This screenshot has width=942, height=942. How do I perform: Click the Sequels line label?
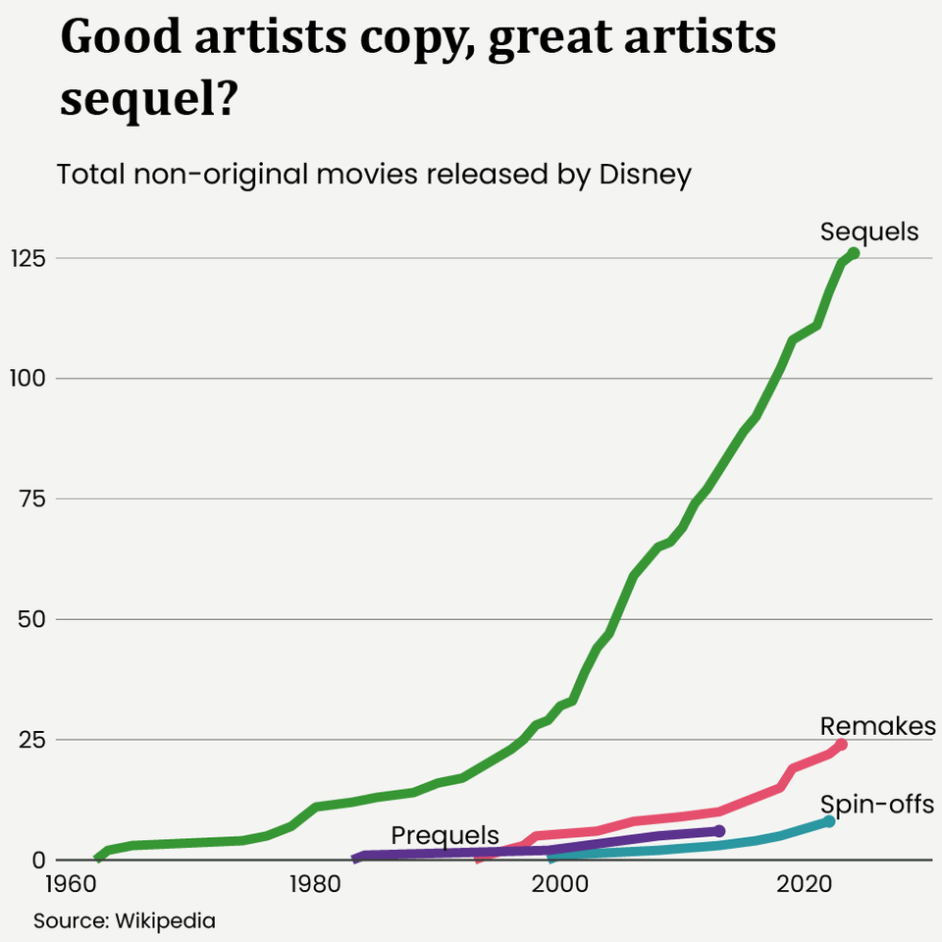point(869,232)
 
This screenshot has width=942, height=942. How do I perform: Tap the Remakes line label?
point(877,726)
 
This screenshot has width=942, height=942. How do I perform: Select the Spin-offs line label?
point(876,805)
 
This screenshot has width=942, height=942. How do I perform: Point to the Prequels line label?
point(445,835)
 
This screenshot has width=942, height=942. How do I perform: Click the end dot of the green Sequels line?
point(853,253)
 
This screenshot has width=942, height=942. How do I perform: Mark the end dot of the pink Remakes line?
point(841,745)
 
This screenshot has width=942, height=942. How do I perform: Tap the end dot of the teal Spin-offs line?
point(829,820)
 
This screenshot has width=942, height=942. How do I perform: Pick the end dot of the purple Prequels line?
point(719,830)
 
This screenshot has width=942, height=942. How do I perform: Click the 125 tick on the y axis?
point(29,258)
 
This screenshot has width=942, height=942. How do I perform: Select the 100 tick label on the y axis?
point(29,378)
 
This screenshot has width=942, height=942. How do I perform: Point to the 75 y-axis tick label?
point(32,498)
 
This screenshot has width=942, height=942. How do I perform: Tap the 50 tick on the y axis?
point(32,619)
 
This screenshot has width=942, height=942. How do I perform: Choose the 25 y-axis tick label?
point(32,739)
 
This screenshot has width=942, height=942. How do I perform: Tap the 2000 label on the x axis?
point(560,881)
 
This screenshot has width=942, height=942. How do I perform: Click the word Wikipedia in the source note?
point(165,921)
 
